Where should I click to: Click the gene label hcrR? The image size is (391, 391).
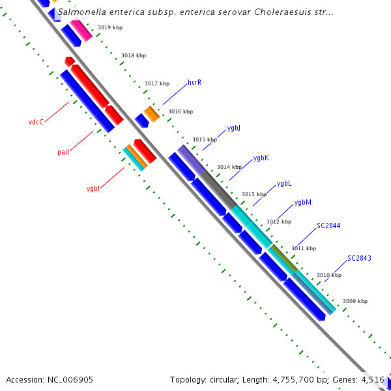(x=194, y=83)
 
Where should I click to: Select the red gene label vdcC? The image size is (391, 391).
(x=36, y=122)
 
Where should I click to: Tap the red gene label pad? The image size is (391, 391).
(x=63, y=152)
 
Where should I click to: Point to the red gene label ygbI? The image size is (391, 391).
(x=93, y=189)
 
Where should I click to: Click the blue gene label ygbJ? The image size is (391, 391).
(x=234, y=128)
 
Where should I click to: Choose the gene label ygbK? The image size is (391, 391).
(x=261, y=158)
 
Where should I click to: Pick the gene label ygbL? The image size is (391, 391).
(x=284, y=184)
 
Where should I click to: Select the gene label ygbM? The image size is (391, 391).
(x=302, y=203)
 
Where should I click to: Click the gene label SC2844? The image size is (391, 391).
(x=328, y=226)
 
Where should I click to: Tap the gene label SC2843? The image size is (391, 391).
(x=359, y=259)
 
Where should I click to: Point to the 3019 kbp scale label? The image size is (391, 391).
(x=110, y=27)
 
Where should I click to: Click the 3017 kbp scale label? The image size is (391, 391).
(x=157, y=83)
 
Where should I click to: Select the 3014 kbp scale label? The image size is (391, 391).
(x=229, y=167)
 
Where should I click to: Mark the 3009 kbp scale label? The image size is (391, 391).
(x=355, y=301)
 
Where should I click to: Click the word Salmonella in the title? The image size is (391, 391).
(x=81, y=12)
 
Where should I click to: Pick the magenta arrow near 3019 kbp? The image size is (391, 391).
(x=81, y=30)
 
